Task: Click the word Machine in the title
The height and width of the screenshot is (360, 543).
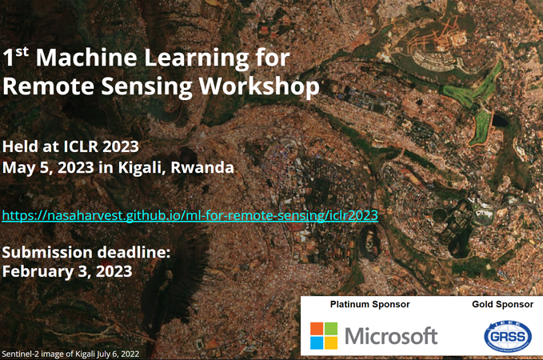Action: (86, 58)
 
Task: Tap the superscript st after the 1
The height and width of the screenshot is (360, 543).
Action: (22, 52)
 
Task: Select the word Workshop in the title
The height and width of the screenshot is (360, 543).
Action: (259, 86)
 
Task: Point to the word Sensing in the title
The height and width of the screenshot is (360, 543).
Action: (146, 87)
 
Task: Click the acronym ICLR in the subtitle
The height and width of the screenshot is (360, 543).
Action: (81, 146)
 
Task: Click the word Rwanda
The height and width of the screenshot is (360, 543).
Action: (202, 168)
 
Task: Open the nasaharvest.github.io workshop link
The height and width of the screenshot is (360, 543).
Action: (190, 215)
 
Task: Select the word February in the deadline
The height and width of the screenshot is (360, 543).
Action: (38, 272)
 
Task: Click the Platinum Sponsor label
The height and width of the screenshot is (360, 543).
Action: (369, 305)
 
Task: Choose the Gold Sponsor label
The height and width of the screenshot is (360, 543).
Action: (502, 305)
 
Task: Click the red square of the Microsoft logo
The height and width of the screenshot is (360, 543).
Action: (317, 329)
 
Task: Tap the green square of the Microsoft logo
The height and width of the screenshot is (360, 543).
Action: (331, 329)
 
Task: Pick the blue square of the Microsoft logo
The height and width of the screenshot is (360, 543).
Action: (317, 342)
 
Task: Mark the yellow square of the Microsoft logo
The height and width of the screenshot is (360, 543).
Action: (331, 342)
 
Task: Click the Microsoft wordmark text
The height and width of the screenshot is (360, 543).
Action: (391, 336)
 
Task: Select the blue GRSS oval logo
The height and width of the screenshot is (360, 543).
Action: (508, 337)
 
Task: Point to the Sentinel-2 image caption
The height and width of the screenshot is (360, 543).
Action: (70, 354)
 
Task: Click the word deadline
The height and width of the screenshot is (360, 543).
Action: (134, 252)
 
